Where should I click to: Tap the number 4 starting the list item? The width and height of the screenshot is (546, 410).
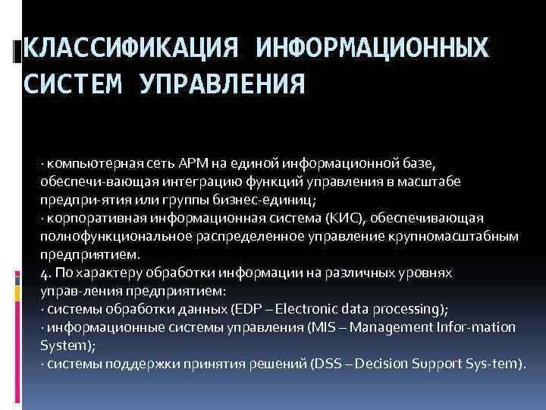pyautogui.click(x=45, y=273)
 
